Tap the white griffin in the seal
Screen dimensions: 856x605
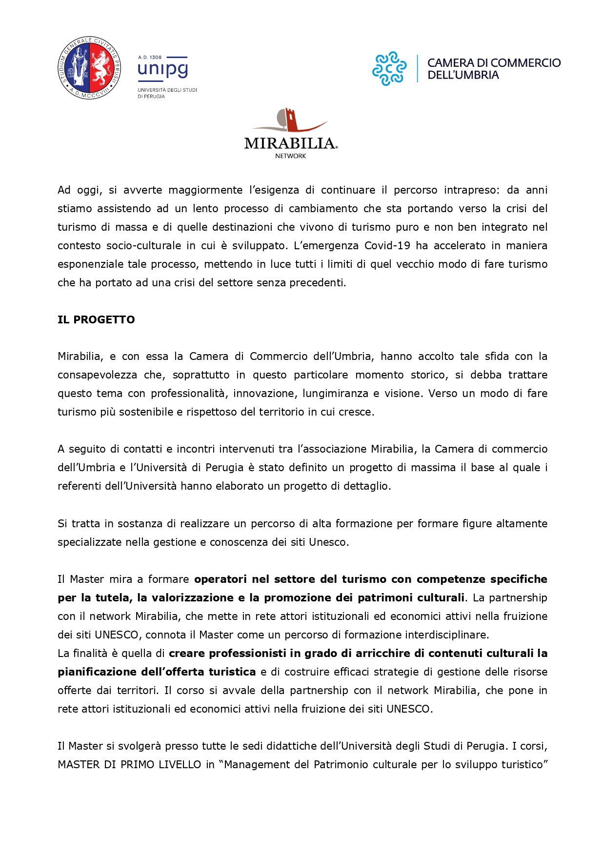pos(102,67)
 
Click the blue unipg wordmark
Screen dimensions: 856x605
pos(162,70)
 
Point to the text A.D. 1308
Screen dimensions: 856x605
pos(150,57)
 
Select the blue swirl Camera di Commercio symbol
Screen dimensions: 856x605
pos(389,68)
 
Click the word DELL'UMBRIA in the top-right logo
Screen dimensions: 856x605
pos(463,75)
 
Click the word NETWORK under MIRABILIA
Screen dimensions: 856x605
pos(290,156)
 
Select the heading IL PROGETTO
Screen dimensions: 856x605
pos(96,320)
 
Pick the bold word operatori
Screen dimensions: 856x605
pos(221,579)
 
